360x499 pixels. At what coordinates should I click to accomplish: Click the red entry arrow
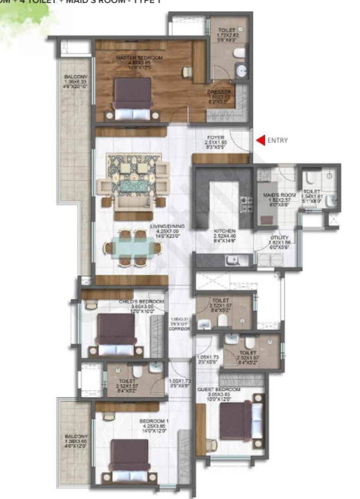click(261, 140)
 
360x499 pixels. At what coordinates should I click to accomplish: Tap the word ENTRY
click(277, 140)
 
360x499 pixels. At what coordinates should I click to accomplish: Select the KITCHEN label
click(225, 231)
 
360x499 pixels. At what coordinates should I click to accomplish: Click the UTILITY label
click(279, 237)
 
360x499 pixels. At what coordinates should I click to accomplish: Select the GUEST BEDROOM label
click(219, 389)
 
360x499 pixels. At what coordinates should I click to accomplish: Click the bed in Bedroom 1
click(131, 460)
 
